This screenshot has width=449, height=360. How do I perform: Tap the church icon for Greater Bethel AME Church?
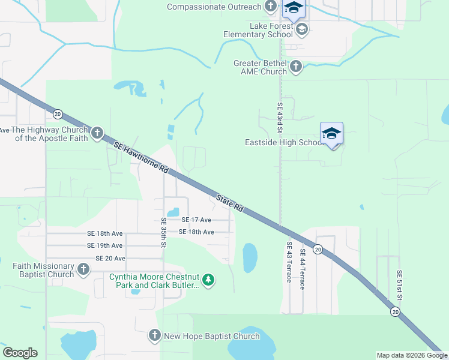[x=296, y=67]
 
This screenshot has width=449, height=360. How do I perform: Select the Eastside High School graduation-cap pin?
[x=331, y=134]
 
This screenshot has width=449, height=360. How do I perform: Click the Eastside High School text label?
[x=285, y=143]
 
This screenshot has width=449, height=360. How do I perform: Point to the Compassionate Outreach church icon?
[x=271, y=7]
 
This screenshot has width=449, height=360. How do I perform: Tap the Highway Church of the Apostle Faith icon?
[x=97, y=133]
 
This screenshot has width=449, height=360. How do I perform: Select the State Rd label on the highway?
[x=230, y=203]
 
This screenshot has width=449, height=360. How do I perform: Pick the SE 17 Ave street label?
[x=196, y=220]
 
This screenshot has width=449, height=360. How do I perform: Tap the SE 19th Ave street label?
[x=104, y=245]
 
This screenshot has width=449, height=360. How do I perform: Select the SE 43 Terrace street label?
[x=289, y=257]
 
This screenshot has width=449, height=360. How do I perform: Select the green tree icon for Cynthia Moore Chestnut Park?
[x=208, y=280]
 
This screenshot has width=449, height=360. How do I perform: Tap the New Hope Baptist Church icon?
[x=154, y=336]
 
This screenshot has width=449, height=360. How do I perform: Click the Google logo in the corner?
[x=20, y=353]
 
